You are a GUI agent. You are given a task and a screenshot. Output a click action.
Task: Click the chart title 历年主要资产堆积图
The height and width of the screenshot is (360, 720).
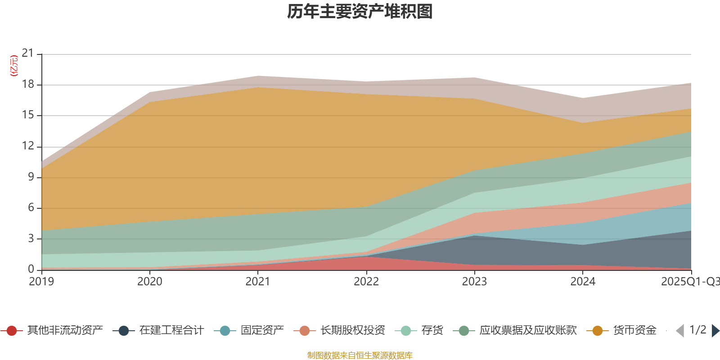pos(360,12)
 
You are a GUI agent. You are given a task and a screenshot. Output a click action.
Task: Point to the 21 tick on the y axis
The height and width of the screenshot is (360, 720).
pos(28,54)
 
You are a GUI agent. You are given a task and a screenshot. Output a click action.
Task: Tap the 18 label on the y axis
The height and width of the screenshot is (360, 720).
pos(28,84)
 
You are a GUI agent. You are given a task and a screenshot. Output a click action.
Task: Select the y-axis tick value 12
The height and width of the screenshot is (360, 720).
pos(28,146)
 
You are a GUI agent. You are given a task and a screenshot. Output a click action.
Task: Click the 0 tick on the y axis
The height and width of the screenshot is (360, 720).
pos(31,269)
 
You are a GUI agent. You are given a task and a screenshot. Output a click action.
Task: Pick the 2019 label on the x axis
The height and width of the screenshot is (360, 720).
pos(41,282)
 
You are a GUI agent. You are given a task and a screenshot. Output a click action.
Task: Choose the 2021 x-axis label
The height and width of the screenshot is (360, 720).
pos(258,282)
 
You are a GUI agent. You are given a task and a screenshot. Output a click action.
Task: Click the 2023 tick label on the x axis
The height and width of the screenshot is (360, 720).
pos(474,282)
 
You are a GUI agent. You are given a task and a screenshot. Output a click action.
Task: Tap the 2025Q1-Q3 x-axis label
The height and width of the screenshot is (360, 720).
pos(690,282)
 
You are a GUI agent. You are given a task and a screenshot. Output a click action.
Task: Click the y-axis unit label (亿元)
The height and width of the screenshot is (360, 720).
pos(14,66)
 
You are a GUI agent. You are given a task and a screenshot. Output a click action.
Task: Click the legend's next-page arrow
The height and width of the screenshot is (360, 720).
pos(715,331)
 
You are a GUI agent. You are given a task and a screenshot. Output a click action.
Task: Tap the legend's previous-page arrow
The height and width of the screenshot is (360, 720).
pos(680,331)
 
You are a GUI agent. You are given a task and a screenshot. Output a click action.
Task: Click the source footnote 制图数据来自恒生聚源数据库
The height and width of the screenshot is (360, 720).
pos(360,355)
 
